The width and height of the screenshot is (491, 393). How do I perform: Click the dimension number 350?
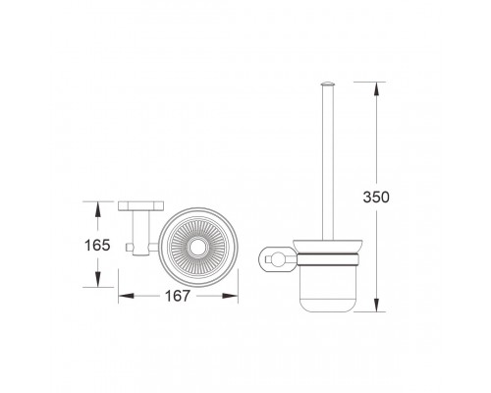coord(376,196)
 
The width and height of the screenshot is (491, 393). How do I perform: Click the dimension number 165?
coord(97,245)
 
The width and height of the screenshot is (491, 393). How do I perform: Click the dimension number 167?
coord(177,296)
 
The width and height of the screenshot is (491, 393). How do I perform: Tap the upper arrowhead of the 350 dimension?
coord(376,88)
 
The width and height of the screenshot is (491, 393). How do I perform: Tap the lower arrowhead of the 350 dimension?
coord(376,305)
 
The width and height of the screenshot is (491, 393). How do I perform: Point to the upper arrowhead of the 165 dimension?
coord(97,208)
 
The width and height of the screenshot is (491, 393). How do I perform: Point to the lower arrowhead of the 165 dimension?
coord(97,280)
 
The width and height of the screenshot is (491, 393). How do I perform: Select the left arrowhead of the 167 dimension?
coord(126,296)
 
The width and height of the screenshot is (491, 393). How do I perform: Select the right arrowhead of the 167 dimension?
coord(230,296)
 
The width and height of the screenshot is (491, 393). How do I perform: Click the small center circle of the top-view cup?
coord(197,248)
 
